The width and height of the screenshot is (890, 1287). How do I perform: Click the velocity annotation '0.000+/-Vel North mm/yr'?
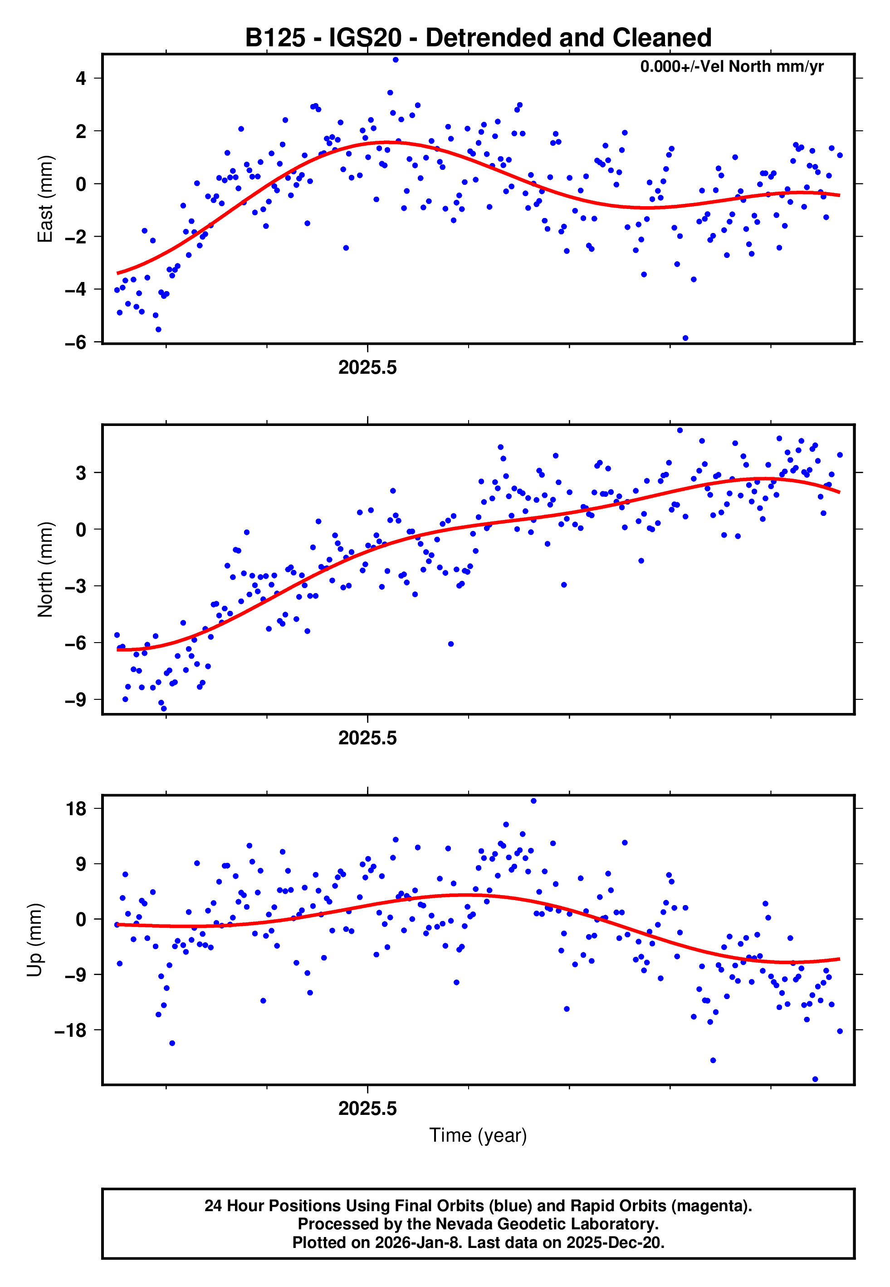coord(731,66)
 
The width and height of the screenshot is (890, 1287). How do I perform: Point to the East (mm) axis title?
coord(44,199)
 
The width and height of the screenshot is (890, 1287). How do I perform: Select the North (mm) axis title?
coord(44,569)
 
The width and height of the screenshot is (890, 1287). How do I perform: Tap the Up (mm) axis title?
coord(34,940)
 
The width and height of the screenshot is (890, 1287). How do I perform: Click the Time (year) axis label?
coord(478,1135)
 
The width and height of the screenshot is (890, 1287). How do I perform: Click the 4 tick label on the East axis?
coord(81,78)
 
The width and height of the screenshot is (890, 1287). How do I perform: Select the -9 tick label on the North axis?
coord(76,700)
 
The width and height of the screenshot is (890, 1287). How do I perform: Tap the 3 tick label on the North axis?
coord(81,473)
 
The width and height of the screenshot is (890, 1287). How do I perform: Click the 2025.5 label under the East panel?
coord(367,368)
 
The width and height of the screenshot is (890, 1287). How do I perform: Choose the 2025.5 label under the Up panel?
coord(367,1109)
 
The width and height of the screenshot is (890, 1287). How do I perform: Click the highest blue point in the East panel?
coord(396,59)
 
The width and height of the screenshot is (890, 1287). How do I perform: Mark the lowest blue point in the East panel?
coord(685,338)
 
